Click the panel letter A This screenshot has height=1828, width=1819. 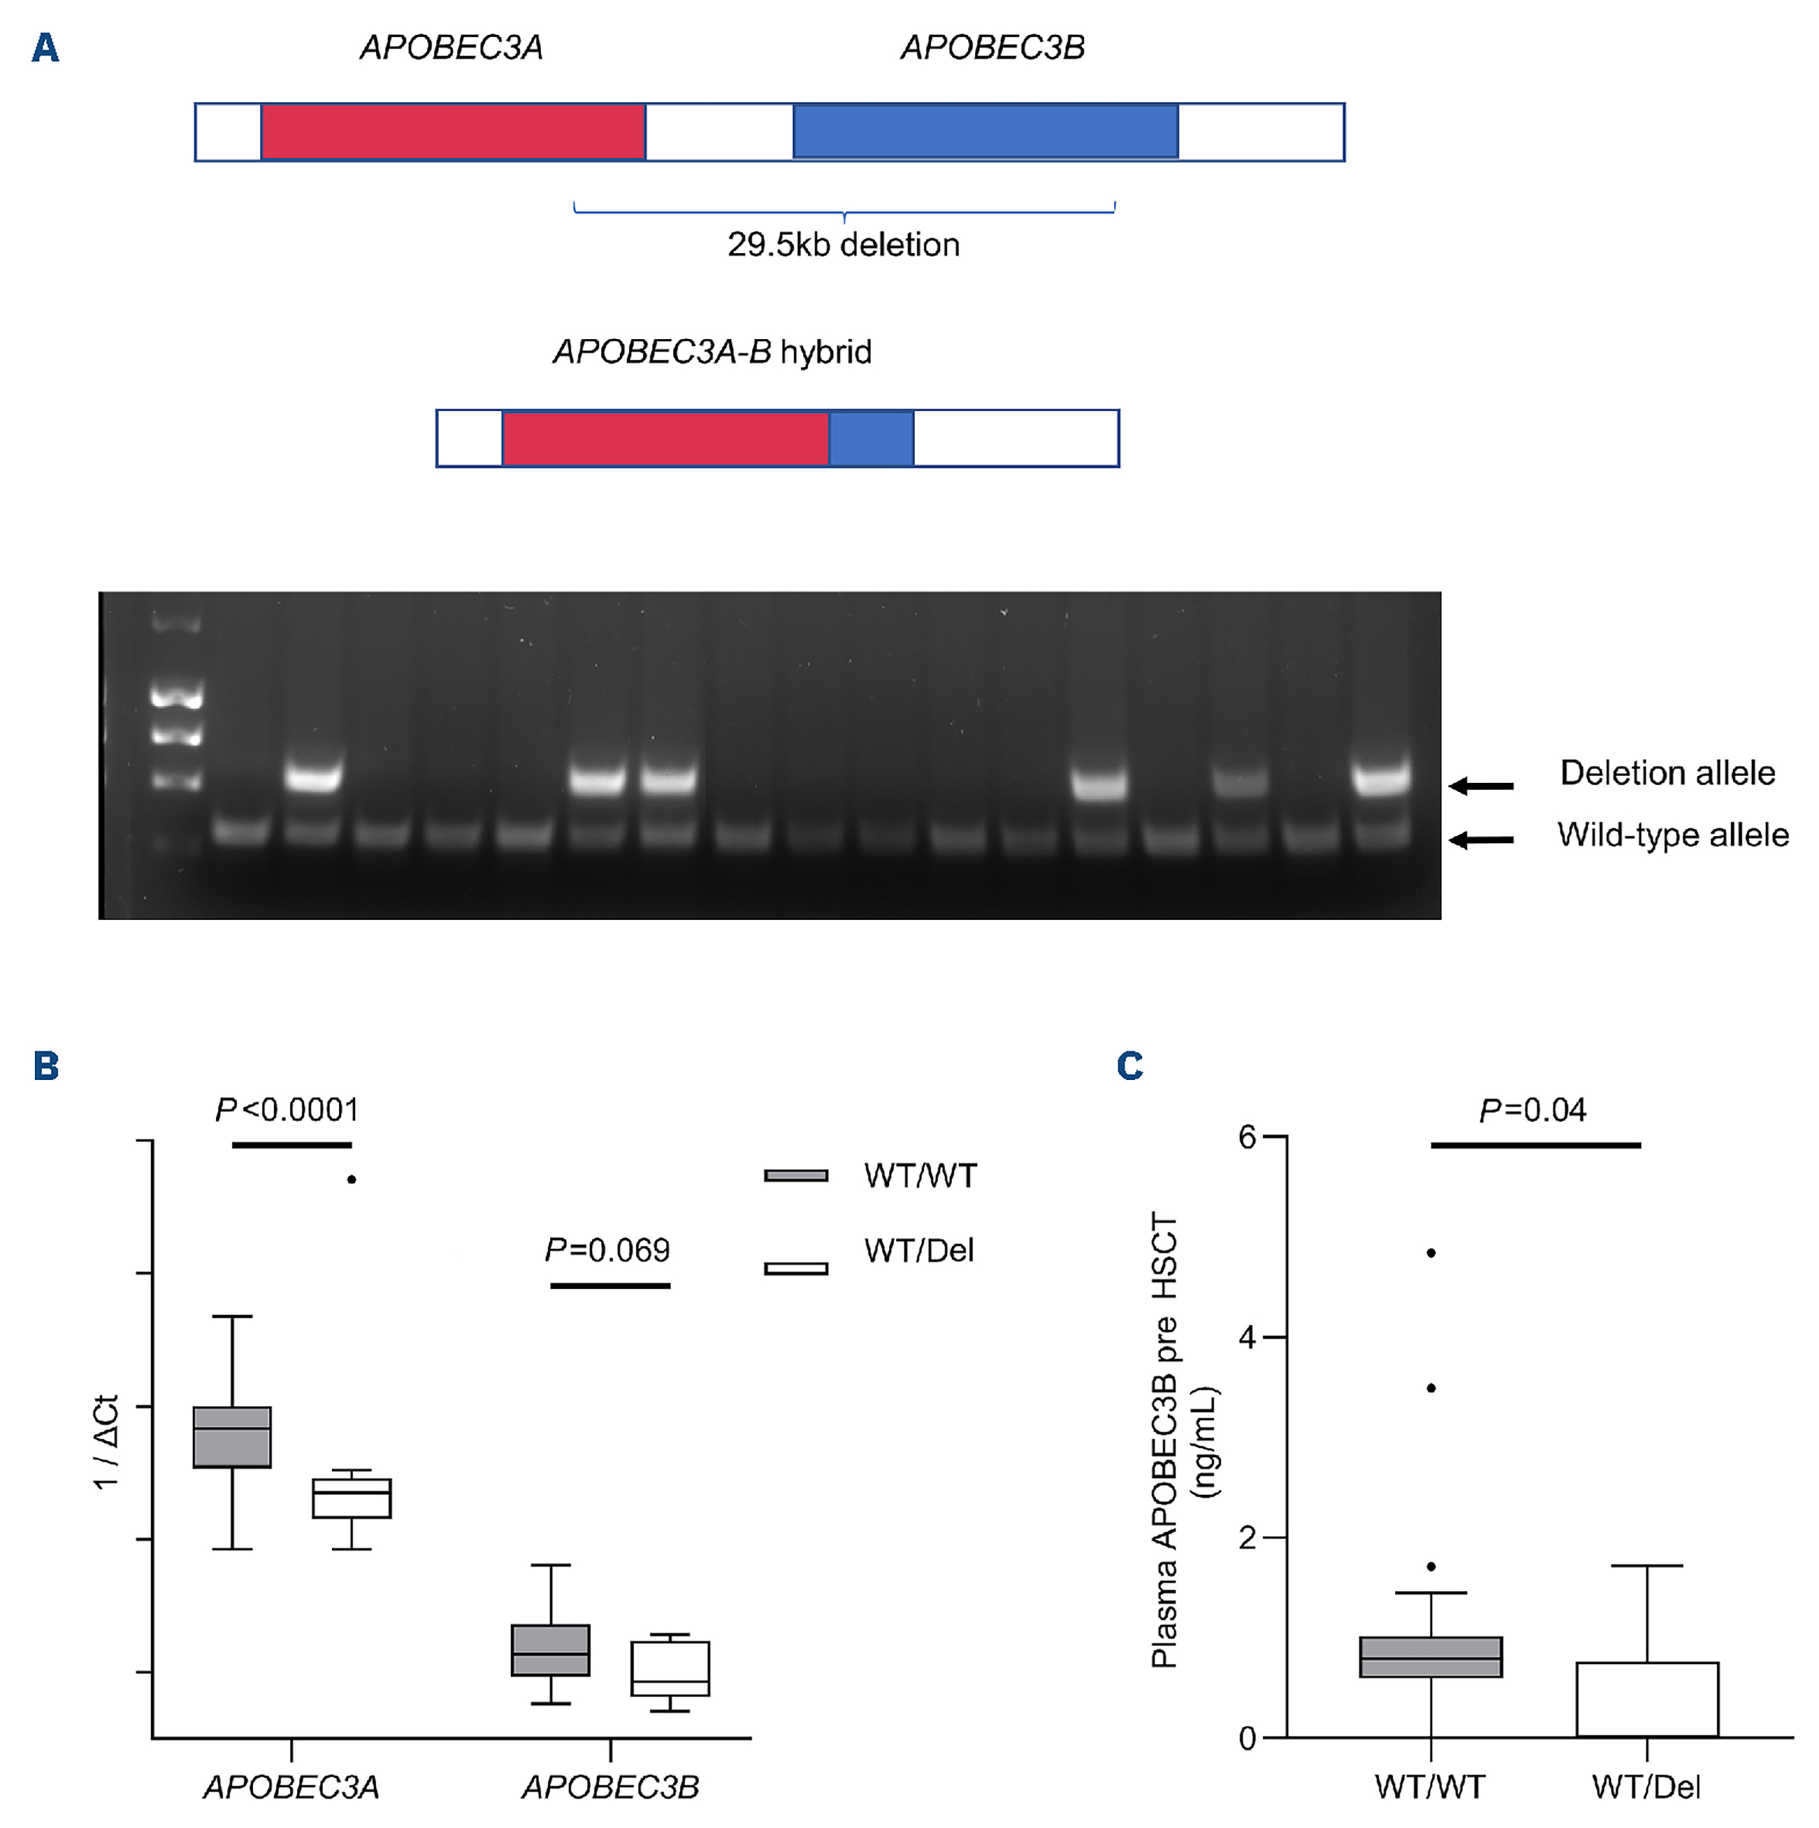tap(45, 47)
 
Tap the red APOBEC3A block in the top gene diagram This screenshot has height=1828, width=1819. tap(452, 131)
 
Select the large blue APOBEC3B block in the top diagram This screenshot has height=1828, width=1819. tap(985, 131)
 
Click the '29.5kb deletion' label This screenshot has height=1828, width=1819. tap(843, 245)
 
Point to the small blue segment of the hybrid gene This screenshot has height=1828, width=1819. tap(872, 438)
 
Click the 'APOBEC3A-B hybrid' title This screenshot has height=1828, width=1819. tap(711, 352)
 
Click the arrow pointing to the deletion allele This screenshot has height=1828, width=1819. tap(1482, 785)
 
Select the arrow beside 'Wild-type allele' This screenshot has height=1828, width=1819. tap(1482, 839)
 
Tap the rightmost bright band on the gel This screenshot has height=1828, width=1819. tap(1381, 778)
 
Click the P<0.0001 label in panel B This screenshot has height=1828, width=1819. tap(286, 1110)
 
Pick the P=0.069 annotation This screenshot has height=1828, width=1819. tap(607, 1251)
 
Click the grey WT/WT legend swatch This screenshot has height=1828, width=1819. tap(796, 1176)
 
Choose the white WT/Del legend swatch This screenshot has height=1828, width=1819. tap(796, 1269)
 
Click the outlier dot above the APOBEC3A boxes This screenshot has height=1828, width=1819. tap(351, 1179)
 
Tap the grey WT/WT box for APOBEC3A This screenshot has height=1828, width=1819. tap(232, 1438)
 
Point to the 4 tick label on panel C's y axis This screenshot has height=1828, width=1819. tap(1248, 1338)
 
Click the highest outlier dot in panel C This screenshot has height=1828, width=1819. tap(1431, 1253)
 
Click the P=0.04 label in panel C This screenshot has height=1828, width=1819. tap(1533, 1110)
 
